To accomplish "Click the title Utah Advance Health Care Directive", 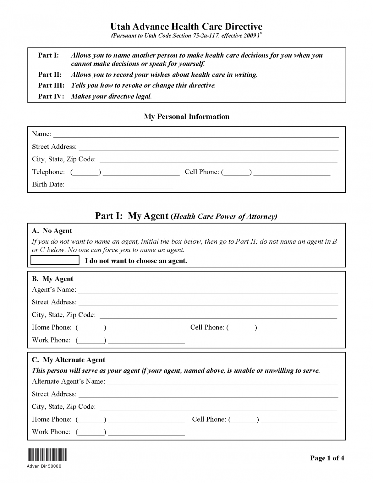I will click(x=186, y=26).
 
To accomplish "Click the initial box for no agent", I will click(x=55, y=260).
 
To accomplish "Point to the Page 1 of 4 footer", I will click(x=327, y=458).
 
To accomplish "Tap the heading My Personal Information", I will click(x=187, y=117).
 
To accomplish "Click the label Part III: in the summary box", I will click(x=51, y=86).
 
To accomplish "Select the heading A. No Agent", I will click(x=52, y=231).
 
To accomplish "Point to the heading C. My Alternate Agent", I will click(x=69, y=360).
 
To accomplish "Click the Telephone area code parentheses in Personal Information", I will click(x=86, y=172).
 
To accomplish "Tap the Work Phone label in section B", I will click(x=51, y=340).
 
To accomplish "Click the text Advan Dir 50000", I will click(x=44, y=466).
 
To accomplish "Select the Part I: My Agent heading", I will click(x=186, y=216).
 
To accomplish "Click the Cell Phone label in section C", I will click(x=209, y=419).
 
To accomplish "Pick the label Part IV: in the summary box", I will click(x=51, y=97).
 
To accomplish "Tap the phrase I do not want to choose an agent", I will click(x=136, y=261).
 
